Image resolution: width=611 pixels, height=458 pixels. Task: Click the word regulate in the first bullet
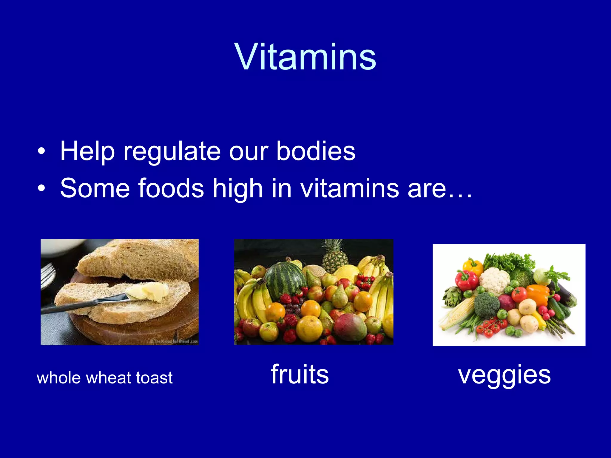click(172, 151)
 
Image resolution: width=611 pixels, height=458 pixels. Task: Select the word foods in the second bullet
click(171, 188)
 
